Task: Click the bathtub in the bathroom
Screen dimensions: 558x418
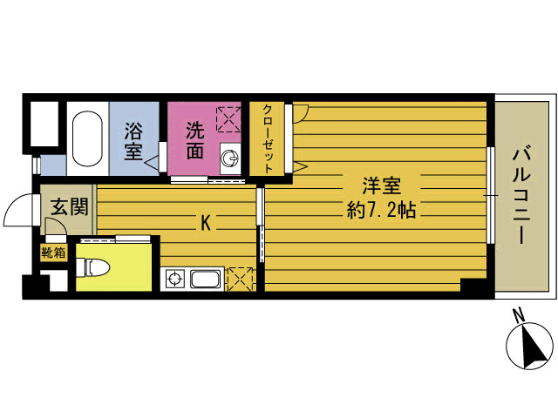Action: pos(87,138)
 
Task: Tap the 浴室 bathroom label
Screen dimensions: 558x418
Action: pos(133,141)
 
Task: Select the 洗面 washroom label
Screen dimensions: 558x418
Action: pos(195,141)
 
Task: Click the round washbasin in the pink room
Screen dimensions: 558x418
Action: pos(230,158)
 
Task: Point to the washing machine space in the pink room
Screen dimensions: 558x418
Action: pos(228,119)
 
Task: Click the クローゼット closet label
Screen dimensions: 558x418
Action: pos(268,139)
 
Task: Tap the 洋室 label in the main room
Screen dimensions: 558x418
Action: pos(382,185)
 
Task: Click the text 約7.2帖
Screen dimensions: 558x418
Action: pos(382,211)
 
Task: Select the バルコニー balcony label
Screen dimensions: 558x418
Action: pos(521,197)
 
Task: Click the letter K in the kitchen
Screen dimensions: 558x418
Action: pos(206,224)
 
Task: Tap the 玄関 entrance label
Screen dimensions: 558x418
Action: pos(69,206)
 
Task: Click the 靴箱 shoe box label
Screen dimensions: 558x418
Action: pos(53,253)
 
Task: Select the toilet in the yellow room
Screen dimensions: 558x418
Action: pos(93,267)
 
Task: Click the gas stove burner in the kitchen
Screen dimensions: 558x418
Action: pos(174,279)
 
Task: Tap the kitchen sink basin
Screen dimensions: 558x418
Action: pos(206,279)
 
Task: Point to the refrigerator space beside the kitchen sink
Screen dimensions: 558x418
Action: pos(242,279)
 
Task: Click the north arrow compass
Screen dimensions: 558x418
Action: pos(530,346)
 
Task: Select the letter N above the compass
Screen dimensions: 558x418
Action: pos(519,315)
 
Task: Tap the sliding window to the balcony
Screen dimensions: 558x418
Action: pos(490,195)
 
